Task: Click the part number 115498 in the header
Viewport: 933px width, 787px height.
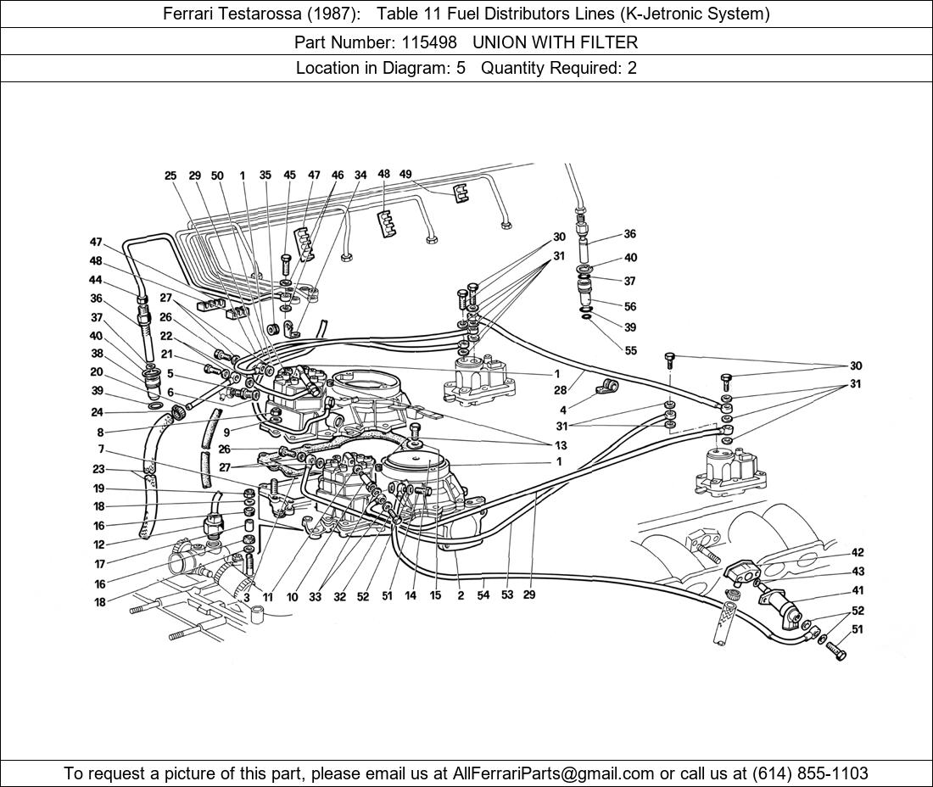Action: [x=429, y=42]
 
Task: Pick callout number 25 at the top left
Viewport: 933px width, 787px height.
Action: [x=170, y=176]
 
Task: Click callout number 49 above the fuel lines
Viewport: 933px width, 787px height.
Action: [x=405, y=175]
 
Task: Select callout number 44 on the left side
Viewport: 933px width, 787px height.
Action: [x=95, y=280]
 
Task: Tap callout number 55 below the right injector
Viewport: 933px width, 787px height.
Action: [x=630, y=350]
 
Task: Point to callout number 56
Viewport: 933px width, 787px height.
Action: [x=630, y=306]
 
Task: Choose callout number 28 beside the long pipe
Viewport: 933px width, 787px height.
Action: [x=560, y=390]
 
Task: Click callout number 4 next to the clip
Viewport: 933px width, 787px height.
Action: [x=563, y=410]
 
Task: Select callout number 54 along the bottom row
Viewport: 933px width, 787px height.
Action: [x=483, y=594]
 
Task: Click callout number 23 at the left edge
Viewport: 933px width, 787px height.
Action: [x=98, y=469]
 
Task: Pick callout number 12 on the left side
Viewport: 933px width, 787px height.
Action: [x=98, y=544]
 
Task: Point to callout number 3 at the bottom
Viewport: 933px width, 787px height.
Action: [x=246, y=597]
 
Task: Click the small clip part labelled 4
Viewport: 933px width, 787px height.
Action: [x=607, y=387]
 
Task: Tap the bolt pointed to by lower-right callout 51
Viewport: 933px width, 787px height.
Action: [x=836, y=650]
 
